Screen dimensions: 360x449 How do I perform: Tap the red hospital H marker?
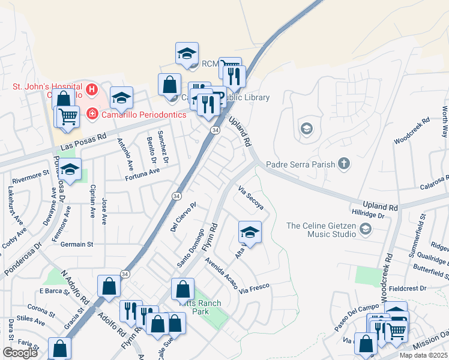click(x=92, y=91)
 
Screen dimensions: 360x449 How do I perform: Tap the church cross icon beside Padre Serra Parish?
click(x=344, y=163)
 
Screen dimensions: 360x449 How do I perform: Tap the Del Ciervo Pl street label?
click(x=183, y=217)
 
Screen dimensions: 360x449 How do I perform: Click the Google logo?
click(x=20, y=353)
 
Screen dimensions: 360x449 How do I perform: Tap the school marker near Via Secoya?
click(x=250, y=232)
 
